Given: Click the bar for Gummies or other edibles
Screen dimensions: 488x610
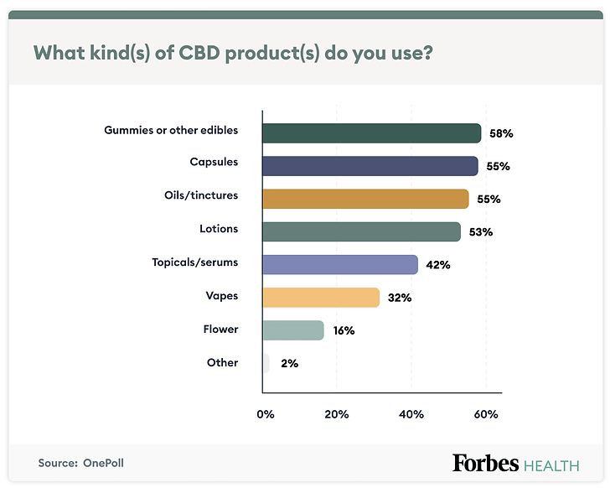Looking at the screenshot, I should (371, 133).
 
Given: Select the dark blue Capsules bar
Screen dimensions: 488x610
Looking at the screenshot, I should (370, 166).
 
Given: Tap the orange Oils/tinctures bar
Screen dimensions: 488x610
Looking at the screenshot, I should (365, 199).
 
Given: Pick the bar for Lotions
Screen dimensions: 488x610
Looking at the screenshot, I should (361, 231).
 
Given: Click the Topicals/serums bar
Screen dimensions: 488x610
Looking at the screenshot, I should (339, 264).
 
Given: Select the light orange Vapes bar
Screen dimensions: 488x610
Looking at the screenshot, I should (321, 297).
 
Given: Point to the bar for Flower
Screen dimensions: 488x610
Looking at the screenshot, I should (292, 330).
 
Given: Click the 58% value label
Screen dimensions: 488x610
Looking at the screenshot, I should (501, 133).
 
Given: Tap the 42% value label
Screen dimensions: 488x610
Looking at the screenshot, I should (437, 265).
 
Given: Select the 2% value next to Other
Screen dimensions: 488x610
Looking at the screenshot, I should (289, 364).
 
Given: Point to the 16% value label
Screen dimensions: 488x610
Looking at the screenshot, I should (344, 330).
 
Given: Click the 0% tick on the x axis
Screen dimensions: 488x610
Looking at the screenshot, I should (265, 414).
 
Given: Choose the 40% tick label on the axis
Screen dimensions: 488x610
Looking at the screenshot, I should (411, 414).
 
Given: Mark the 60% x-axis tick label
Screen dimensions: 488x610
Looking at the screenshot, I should (486, 414).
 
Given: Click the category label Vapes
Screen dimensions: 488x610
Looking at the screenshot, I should (222, 296).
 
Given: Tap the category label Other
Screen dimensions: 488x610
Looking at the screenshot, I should (222, 363).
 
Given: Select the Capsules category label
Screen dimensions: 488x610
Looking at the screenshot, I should (214, 162).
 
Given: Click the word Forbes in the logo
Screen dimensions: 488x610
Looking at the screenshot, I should (485, 463).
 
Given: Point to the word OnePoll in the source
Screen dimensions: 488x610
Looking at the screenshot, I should (103, 463).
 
